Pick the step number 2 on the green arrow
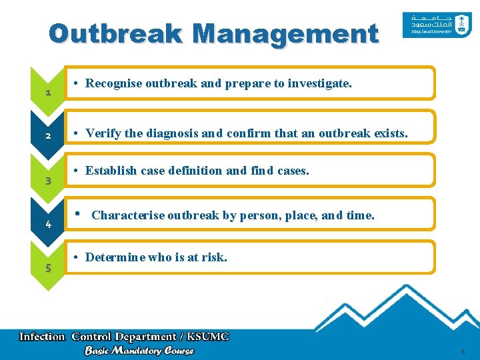click(x=48, y=136)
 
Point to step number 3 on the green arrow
click(x=48, y=181)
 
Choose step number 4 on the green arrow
click(x=48, y=225)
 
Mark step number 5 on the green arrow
click(x=48, y=269)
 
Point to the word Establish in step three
click(x=111, y=171)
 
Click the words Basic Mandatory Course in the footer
click(x=139, y=351)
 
